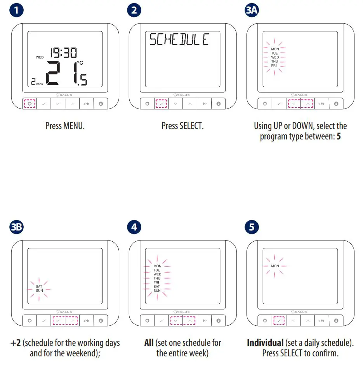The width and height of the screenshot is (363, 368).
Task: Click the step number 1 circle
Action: [x=16, y=10]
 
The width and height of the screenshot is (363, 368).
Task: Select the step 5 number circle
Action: [x=252, y=227]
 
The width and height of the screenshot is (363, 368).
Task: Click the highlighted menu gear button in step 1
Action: [x=29, y=104]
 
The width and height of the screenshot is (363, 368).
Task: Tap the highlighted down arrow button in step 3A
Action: [x=294, y=104]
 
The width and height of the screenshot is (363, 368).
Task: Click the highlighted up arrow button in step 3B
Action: [x=72, y=321]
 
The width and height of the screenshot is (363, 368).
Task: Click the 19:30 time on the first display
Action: [x=63, y=53]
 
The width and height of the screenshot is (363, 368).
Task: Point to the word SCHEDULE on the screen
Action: [x=179, y=40]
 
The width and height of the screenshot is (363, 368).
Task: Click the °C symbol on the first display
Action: [x=80, y=62]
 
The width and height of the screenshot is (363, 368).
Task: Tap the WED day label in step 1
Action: [x=40, y=57]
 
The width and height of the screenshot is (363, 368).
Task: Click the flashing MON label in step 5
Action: [x=275, y=266]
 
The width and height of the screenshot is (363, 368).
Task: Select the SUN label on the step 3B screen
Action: [x=39, y=291]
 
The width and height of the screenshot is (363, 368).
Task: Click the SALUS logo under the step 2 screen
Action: [x=182, y=95]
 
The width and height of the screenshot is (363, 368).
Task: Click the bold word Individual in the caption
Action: [x=265, y=343]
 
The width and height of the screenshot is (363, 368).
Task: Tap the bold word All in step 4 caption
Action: [x=149, y=343]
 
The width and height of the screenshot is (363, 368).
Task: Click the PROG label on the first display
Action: [x=40, y=84]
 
